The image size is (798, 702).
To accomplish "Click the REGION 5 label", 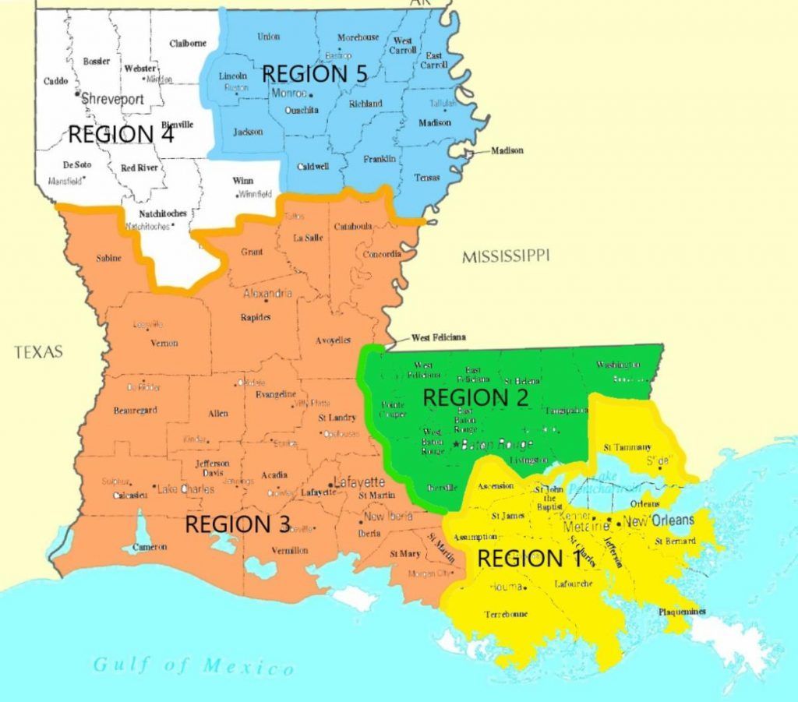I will [x=314, y=74].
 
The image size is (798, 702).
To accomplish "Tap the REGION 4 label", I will [x=121, y=134].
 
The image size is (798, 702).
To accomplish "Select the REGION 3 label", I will [x=238, y=524].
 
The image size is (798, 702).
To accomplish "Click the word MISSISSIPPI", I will [x=505, y=256].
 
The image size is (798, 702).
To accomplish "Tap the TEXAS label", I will [x=38, y=353].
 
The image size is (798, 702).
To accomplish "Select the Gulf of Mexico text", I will [x=195, y=666].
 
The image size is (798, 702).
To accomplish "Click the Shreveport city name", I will [x=112, y=99].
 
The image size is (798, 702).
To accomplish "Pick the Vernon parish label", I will [x=164, y=343].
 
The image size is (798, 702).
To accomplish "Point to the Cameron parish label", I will [x=149, y=547].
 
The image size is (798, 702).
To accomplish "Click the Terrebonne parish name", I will [x=506, y=614].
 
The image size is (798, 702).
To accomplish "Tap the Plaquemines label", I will [x=683, y=612].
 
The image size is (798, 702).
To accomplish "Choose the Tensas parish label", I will [x=426, y=178].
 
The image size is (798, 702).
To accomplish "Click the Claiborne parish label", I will [x=188, y=44].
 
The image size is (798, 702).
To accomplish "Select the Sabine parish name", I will [x=108, y=259].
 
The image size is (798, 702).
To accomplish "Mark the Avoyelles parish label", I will [x=334, y=340].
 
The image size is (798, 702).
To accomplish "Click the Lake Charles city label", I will [x=185, y=490].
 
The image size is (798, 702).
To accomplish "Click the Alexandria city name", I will [x=268, y=294].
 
